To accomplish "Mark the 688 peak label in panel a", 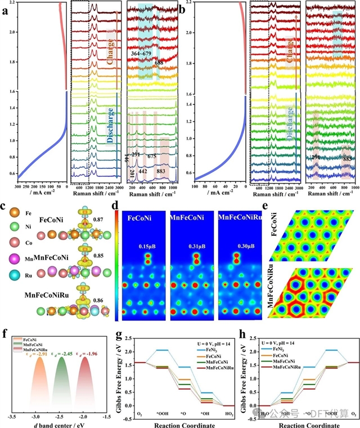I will [159, 64].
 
